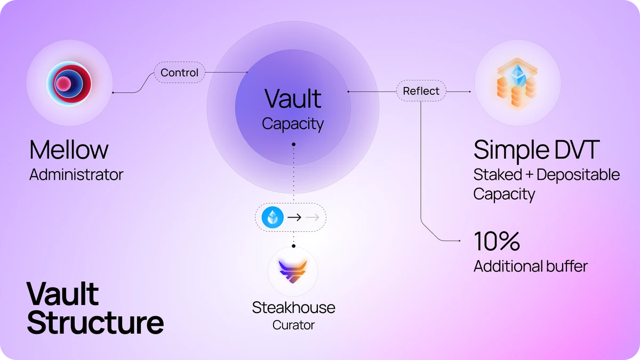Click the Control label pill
179,73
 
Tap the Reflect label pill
421,91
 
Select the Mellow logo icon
69,83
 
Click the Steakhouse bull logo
293,271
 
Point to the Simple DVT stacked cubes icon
517,83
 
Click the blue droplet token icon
273,217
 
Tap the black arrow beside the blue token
294,218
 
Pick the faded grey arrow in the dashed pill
313,218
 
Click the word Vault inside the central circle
293,99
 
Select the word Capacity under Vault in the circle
293,124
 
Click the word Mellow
69,150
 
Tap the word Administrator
76,174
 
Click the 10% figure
497,241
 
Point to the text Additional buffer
531,266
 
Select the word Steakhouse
293,308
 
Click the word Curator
293,325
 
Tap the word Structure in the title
95,323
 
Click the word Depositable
578,174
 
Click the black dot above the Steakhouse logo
294,246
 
